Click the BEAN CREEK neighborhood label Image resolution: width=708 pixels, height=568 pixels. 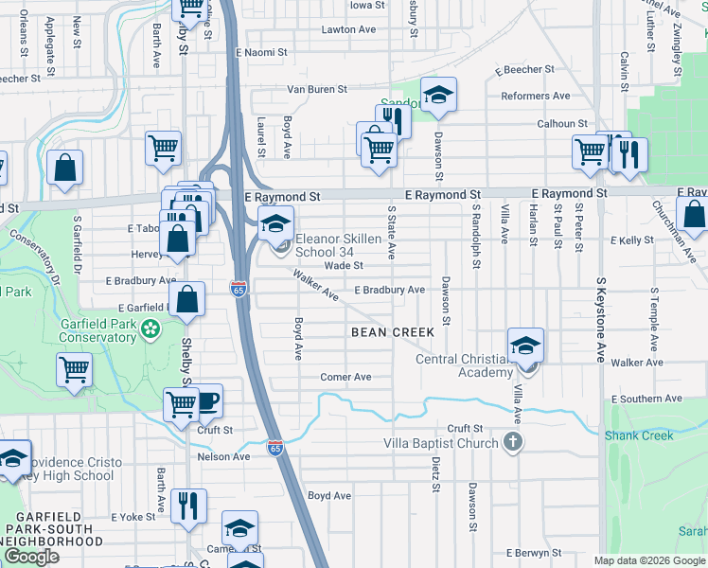click(393, 332)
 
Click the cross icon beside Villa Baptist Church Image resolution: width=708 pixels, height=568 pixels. click(512, 442)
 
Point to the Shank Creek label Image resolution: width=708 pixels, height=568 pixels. click(640, 435)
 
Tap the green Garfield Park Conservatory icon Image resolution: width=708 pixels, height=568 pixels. click(150, 329)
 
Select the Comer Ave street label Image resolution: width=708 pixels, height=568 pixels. click(345, 377)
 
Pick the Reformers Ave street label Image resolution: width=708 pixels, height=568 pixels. click(535, 96)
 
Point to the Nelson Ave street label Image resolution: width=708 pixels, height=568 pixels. click(223, 456)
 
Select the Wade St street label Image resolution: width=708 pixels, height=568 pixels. click(345, 266)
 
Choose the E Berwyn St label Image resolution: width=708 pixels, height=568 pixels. click(534, 553)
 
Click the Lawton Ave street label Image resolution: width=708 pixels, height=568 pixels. click(349, 29)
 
